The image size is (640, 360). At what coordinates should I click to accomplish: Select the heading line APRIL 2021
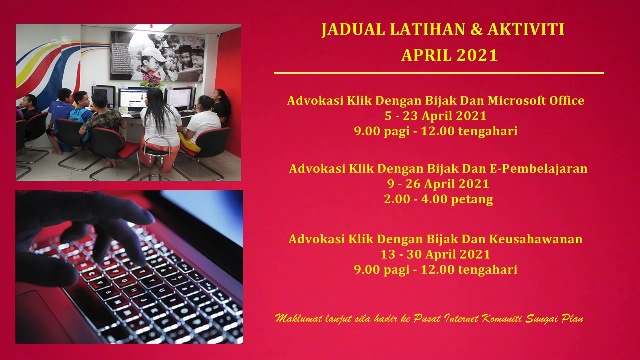pyautogui.click(x=449, y=56)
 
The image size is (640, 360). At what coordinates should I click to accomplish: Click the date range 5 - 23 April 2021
pyautogui.click(x=435, y=116)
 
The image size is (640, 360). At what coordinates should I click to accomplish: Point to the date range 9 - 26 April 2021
pyautogui.click(x=438, y=184)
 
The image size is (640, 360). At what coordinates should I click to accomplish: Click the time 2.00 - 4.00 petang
pyautogui.click(x=438, y=199)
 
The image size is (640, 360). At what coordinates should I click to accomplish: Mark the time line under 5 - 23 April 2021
pyautogui.click(x=435, y=131)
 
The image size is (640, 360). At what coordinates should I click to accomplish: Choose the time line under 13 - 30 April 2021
pyautogui.click(x=435, y=269)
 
